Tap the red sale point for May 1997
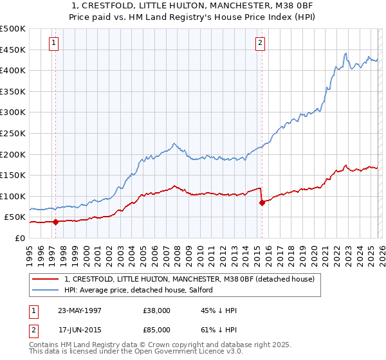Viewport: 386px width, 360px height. (x=56, y=222)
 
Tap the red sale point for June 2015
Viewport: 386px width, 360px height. (x=262, y=203)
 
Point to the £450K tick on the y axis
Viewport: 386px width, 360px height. (x=13, y=50)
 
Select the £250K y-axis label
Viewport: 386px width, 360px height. (x=13, y=133)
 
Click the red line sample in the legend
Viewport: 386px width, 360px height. (x=45, y=280)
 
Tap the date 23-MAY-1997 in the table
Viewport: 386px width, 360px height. (x=80, y=310)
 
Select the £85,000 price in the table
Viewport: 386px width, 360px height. (x=157, y=330)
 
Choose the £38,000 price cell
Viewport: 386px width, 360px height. (x=157, y=310)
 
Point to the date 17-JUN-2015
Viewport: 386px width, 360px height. (x=80, y=330)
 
